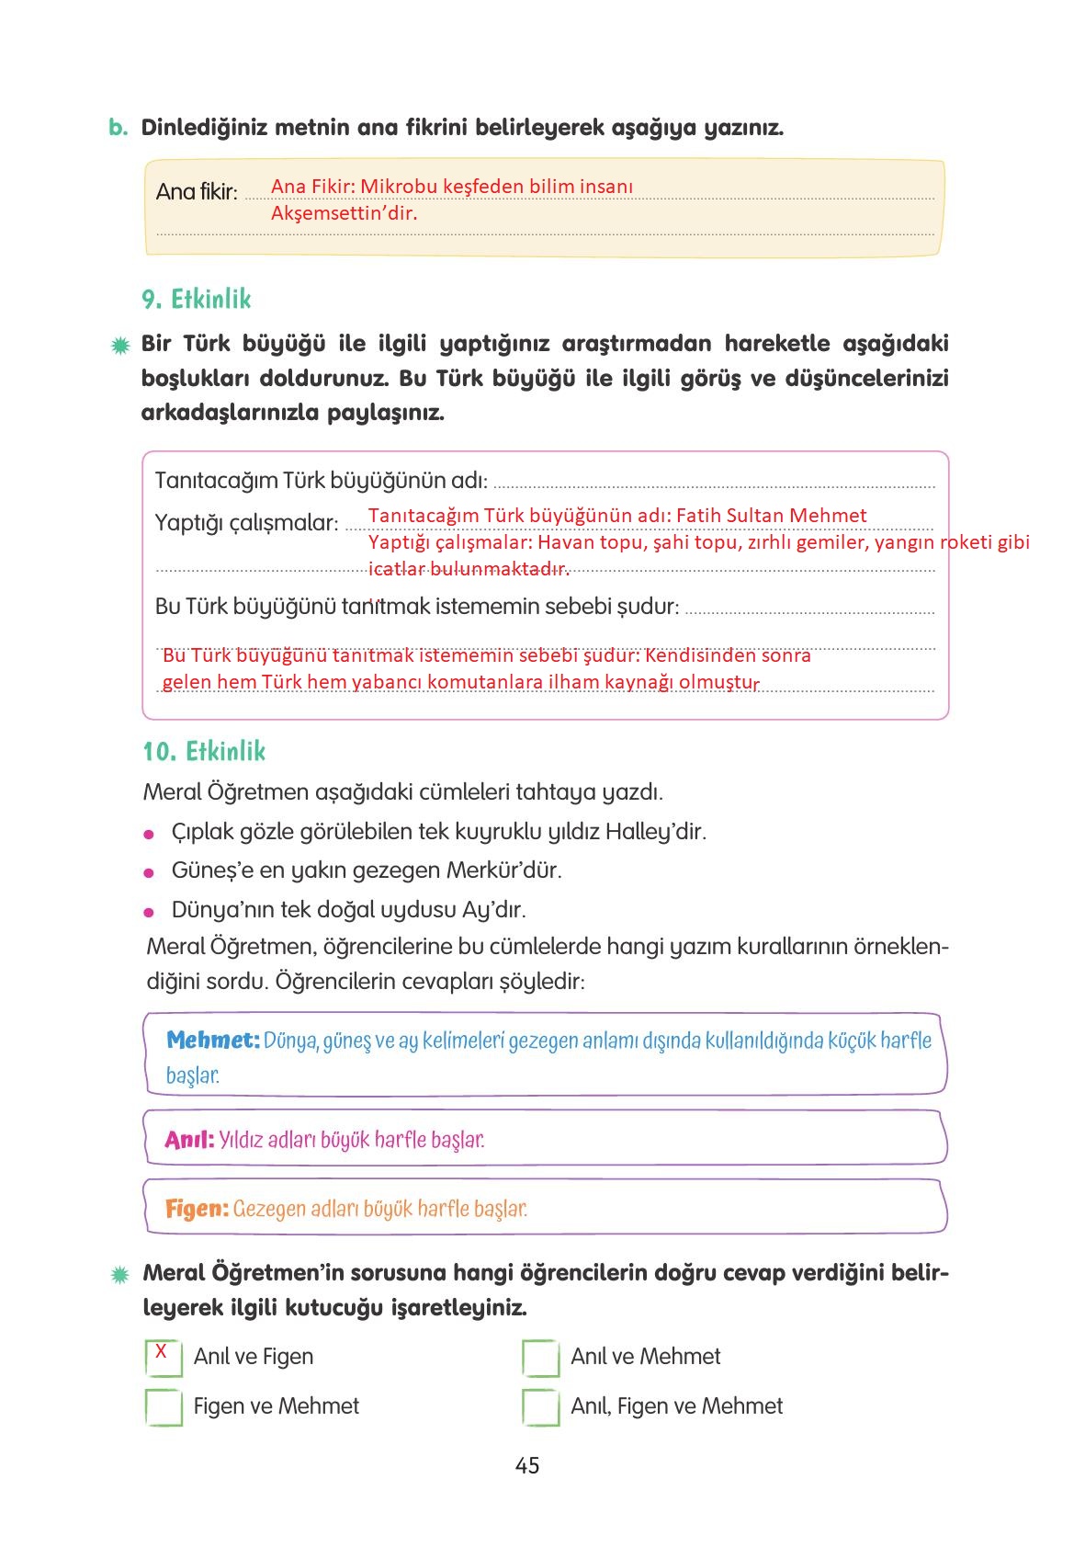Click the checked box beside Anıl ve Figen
pos(164,1358)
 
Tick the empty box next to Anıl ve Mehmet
pos(540,1358)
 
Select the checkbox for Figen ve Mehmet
pos(164,1406)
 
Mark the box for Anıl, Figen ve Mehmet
pos(540,1406)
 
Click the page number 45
pos(527,1465)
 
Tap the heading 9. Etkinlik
pos(196,300)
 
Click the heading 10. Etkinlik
pos(203,752)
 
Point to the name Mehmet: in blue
pos(213,1041)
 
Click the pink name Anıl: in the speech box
pos(189,1140)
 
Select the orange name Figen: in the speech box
pos(197,1209)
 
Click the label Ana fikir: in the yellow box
pos(197,192)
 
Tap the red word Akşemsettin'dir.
pos(344,214)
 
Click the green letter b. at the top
pos(118,128)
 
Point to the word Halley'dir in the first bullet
pos(655,832)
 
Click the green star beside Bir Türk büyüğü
pos(119,347)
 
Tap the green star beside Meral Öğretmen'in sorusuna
pos(119,1275)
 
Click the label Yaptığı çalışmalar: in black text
pos(246,523)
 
